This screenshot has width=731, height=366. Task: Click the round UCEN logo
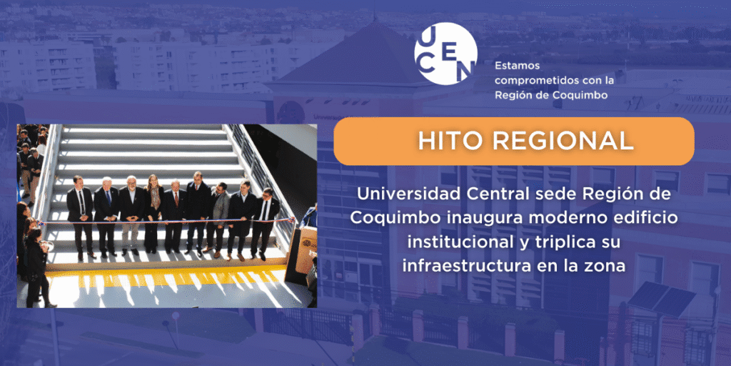[x=445, y=53]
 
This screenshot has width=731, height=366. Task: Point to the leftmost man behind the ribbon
[x=80, y=217]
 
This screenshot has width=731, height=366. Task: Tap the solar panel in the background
[x=661, y=296]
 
